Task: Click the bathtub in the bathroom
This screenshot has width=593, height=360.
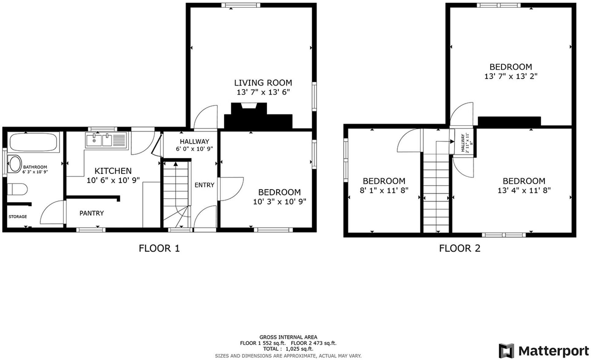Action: pyautogui.click(x=33, y=142)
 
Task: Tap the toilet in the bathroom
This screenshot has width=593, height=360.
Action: pyautogui.click(x=17, y=189)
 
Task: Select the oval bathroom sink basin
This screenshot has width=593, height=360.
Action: pyautogui.click(x=15, y=164)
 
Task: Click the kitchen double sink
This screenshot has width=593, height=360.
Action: pyautogui.click(x=106, y=141)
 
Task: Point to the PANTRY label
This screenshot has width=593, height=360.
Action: pyautogui.click(x=92, y=213)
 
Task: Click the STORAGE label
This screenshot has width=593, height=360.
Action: pyautogui.click(x=18, y=217)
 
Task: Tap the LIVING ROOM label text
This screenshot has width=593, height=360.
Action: pyautogui.click(x=263, y=83)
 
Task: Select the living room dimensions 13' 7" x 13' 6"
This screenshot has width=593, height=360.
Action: pyautogui.click(x=263, y=92)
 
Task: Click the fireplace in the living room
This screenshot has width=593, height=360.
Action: pyautogui.click(x=258, y=117)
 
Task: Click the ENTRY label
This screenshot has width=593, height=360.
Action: pyautogui.click(x=204, y=185)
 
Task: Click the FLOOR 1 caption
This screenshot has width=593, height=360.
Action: pyautogui.click(x=159, y=248)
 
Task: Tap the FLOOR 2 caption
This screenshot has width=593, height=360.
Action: pyautogui.click(x=459, y=248)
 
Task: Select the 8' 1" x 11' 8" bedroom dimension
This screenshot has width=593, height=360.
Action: pyautogui.click(x=384, y=190)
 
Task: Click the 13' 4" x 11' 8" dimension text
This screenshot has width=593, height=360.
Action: pyautogui.click(x=524, y=190)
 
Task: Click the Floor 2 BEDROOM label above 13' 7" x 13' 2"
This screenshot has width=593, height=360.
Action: pyautogui.click(x=510, y=67)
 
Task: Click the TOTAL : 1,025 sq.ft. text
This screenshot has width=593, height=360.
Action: pyautogui.click(x=288, y=349)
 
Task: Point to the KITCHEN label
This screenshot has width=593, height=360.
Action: pyautogui.click(x=113, y=171)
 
